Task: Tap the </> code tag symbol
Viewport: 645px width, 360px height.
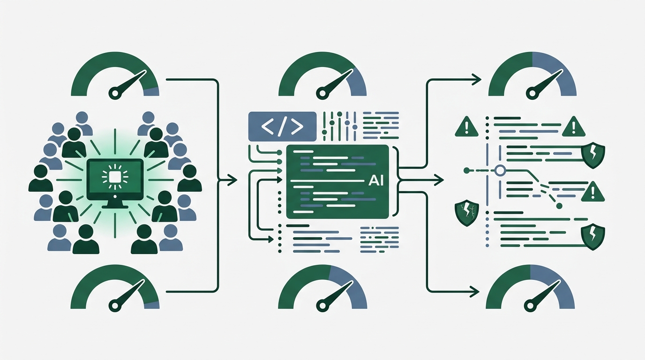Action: click(x=282, y=127)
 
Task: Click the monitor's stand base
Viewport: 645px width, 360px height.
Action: click(x=115, y=206)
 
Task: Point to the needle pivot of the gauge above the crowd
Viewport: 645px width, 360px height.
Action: click(x=115, y=93)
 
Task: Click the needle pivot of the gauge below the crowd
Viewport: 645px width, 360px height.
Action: click(x=115, y=305)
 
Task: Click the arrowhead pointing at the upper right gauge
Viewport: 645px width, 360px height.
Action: click(x=477, y=79)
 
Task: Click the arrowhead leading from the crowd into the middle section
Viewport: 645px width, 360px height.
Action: click(x=232, y=180)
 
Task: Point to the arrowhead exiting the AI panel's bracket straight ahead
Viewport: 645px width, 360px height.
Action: click(x=439, y=180)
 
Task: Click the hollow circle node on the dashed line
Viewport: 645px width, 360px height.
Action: click(x=500, y=171)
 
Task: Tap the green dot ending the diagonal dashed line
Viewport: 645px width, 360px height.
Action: click(x=559, y=206)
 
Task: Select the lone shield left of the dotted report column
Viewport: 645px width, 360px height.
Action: click(x=467, y=213)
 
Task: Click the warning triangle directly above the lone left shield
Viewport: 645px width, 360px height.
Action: click(x=466, y=127)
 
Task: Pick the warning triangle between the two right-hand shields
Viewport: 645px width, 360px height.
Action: click(x=592, y=192)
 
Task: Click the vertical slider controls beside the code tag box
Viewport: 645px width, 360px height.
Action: click(x=339, y=126)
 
